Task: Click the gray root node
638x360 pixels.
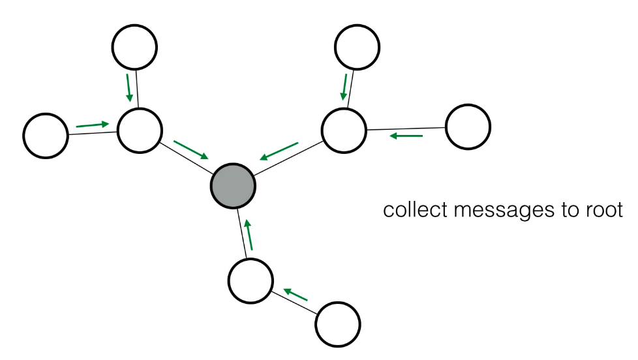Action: tap(233, 186)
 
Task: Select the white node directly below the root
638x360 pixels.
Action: tap(251, 280)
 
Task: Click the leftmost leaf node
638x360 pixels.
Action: tap(46, 136)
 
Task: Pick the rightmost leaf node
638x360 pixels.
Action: tap(468, 127)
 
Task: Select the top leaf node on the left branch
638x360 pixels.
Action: tap(134, 46)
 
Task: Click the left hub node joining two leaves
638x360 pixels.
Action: tap(140, 130)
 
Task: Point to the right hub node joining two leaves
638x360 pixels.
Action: tap(344, 130)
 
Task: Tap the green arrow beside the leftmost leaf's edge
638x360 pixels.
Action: tap(92, 124)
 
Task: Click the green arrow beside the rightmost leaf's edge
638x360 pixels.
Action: tap(406, 136)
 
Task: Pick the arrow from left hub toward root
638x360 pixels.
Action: tap(192, 149)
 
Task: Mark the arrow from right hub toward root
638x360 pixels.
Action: tap(279, 151)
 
